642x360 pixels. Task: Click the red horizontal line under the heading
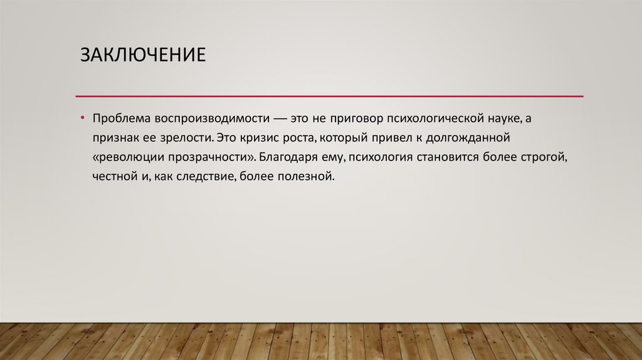pyautogui.click(x=329, y=96)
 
